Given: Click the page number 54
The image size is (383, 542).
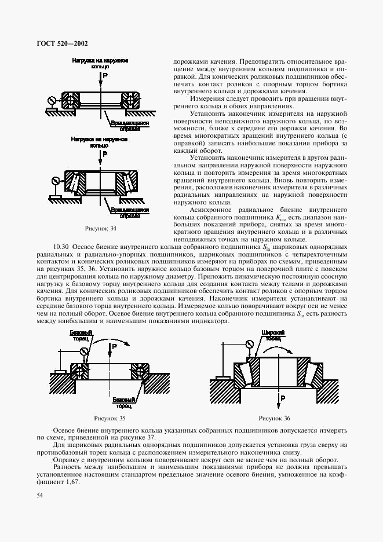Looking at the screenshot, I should pyautogui.click(x=40, y=495).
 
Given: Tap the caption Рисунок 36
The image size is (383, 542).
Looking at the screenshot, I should pyautogui.click(x=275, y=418).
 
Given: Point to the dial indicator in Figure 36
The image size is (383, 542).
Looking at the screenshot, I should pyautogui.click(x=249, y=344).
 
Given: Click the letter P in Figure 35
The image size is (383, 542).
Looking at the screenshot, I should pyautogui.click(x=115, y=347).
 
